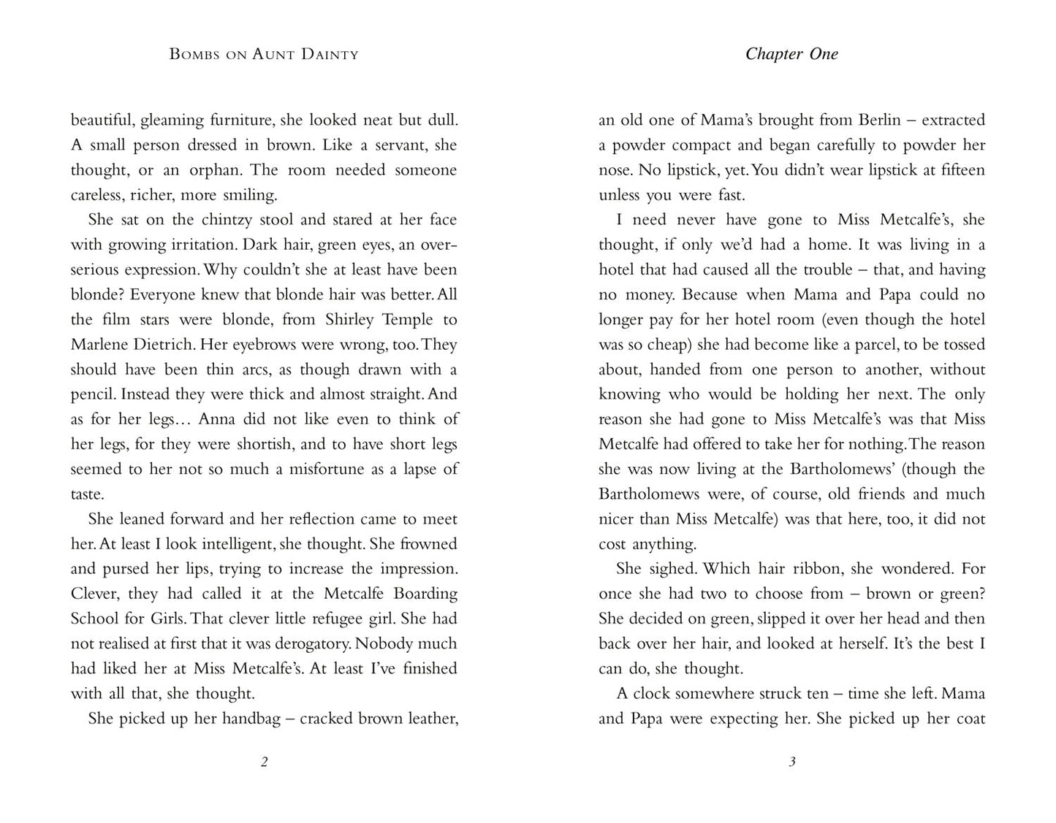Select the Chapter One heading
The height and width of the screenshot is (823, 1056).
(x=791, y=54)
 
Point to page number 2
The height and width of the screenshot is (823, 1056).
(x=265, y=762)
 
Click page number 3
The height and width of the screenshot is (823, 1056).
(x=792, y=762)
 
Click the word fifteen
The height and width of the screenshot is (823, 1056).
(x=956, y=170)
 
